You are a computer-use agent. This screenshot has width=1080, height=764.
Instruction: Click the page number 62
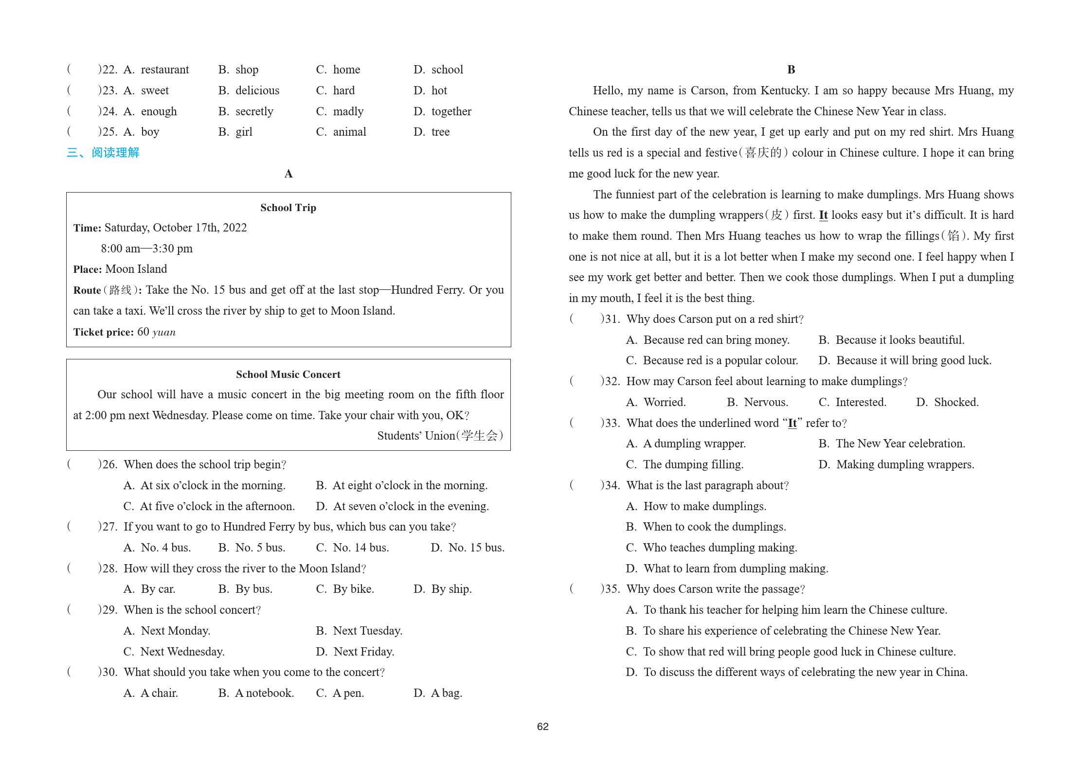[542, 726]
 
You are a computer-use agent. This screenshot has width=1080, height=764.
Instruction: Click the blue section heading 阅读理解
[115, 153]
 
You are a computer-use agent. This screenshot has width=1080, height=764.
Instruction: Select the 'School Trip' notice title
[288, 208]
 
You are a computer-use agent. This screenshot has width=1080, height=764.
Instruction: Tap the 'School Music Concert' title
[288, 374]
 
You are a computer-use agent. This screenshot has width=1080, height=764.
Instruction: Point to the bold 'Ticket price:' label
[103, 332]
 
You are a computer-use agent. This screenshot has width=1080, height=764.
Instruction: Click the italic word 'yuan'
[164, 332]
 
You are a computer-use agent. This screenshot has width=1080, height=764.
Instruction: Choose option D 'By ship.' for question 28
[451, 589]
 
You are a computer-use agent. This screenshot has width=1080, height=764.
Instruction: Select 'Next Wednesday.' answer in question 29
[182, 652]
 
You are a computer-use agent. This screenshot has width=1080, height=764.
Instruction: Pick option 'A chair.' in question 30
[159, 693]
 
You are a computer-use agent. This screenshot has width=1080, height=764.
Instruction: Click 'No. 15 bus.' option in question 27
[476, 548]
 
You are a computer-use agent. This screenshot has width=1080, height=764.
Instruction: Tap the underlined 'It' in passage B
[823, 215]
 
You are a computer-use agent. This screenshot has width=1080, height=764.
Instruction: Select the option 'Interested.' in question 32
[861, 402]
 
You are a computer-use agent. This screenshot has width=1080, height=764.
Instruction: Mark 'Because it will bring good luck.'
[913, 360]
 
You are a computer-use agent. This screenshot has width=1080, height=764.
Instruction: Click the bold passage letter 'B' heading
[791, 70]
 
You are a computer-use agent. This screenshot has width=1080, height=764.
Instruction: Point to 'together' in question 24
[451, 111]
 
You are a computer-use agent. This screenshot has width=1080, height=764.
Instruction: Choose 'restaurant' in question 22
[164, 70]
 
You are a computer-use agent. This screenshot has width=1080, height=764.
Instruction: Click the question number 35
[612, 589]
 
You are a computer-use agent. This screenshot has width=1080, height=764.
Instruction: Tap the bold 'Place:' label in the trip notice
[88, 269]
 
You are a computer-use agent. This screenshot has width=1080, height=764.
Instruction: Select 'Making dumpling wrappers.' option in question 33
[905, 464]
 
